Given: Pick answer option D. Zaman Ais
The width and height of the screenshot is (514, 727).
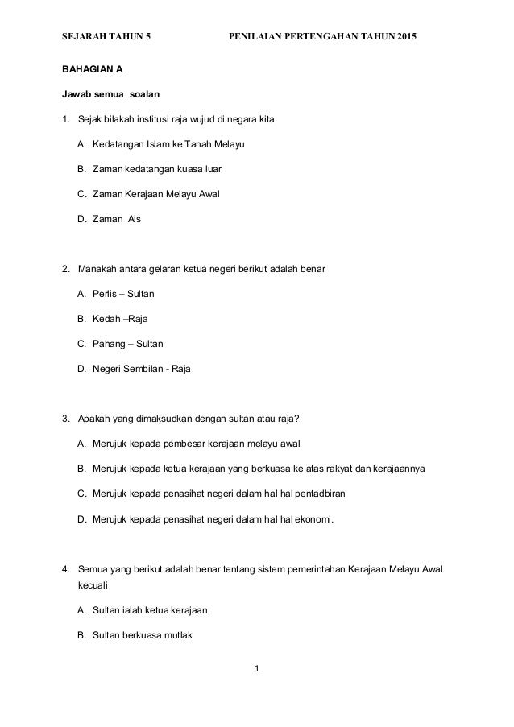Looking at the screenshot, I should coord(109,219).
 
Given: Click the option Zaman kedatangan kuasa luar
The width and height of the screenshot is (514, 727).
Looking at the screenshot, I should coord(150,170).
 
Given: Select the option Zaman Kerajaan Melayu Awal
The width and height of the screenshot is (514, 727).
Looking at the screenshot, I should coord(150,194).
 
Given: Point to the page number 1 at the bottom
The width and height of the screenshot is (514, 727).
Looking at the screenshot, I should coord(257,667).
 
